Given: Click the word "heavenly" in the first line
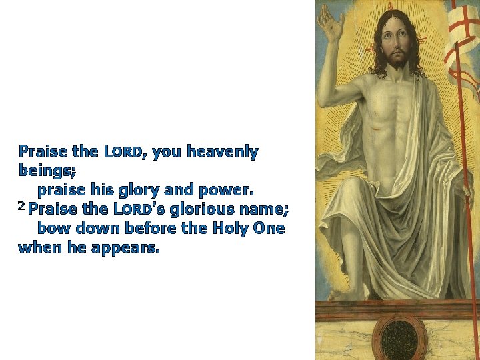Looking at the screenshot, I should pyautogui.click(x=223, y=153).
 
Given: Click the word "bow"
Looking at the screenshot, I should pyautogui.click(x=52, y=229).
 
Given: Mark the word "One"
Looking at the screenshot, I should pyautogui.click(x=269, y=229).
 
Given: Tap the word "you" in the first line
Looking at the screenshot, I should pyautogui.click(x=167, y=153).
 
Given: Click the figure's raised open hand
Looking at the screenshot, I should pyautogui.click(x=331, y=24).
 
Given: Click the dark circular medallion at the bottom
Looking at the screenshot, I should pyautogui.click(x=399, y=336).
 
